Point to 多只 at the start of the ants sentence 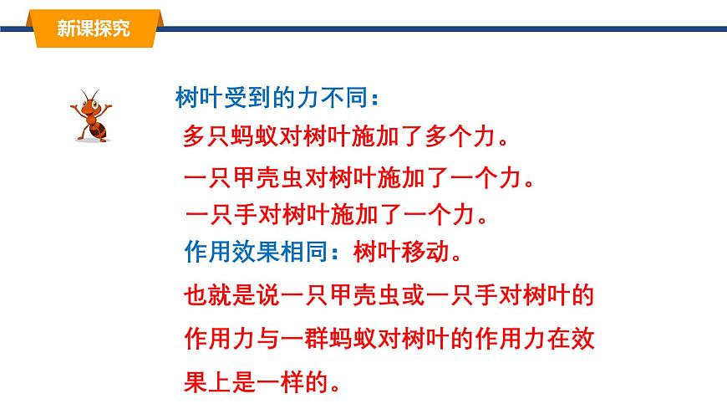(x=204, y=137)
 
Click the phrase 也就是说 (x=225, y=295)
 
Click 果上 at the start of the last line (x=204, y=385)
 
